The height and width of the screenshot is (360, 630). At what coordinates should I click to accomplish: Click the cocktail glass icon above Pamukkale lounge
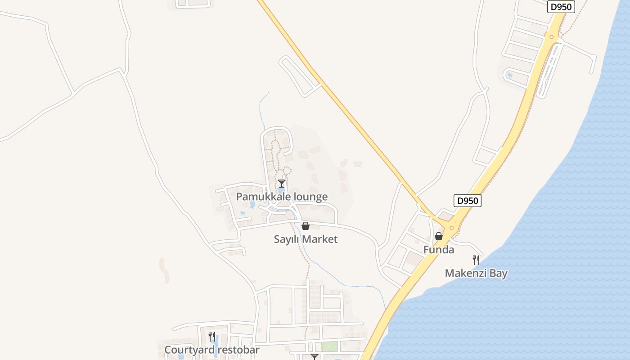click(282, 183)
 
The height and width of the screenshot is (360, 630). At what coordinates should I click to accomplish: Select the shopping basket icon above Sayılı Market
click(306, 226)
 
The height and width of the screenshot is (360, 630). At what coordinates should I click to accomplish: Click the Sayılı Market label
click(306, 239)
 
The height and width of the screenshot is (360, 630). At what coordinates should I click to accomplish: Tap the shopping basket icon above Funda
click(439, 236)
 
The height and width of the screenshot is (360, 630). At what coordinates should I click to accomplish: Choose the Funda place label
click(439, 249)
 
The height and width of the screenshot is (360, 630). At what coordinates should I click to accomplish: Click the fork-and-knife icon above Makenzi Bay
click(476, 260)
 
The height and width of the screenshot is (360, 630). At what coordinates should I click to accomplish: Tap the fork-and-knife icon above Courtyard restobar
click(212, 336)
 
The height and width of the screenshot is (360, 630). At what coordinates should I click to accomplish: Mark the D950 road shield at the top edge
click(561, 7)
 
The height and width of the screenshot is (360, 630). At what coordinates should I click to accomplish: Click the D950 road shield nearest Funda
click(467, 201)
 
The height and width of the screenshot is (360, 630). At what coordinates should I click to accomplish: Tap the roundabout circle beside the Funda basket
click(451, 228)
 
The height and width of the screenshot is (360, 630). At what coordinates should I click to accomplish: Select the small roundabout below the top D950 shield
click(552, 37)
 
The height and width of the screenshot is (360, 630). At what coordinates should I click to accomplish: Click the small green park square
click(329, 346)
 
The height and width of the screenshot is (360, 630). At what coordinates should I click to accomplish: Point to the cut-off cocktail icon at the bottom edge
click(315, 357)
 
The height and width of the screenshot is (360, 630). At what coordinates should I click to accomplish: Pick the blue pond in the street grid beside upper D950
click(509, 75)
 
